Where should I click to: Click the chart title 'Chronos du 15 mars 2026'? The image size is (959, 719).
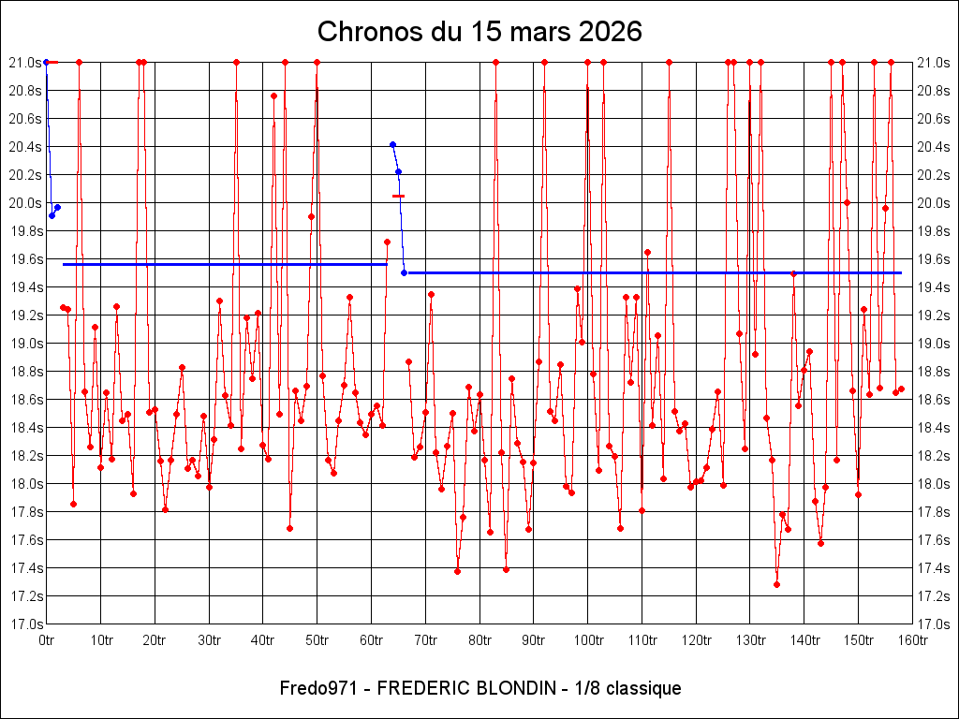pyautogui.click(x=479, y=32)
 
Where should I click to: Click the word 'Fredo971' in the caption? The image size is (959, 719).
pyautogui.click(x=316, y=688)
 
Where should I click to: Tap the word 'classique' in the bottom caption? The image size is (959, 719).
pyautogui.click(x=643, y=688)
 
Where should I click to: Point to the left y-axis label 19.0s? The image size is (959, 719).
pyautogui.click(x=25, y=344)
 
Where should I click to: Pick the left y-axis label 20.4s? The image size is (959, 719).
pyautogui.click(x=25, y=147)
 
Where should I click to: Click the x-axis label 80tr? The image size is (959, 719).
pyautogui.click(x=479, y=640)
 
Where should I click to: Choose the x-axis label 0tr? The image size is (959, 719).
pyautogui.click(x=47, y=640)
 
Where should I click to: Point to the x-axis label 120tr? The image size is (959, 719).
pyautogui.click(x=697, y=640)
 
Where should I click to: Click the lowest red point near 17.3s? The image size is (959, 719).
pyautogui.click(x=776, y=584)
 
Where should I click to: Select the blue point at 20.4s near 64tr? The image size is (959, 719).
pyautogui.click(x=392, y=144)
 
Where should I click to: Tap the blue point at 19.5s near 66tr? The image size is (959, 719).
pyautogui.click(x=404, y=272)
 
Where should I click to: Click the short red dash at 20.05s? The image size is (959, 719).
pyautogui.click(x=398, y=196)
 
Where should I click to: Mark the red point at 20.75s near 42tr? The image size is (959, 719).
pyautogui.click(x=273, y=95)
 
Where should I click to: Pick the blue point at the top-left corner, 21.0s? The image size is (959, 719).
pyautogui.click(x=46, y=62)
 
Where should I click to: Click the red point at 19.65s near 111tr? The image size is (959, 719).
pyautogui.click(x=647, y=252)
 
